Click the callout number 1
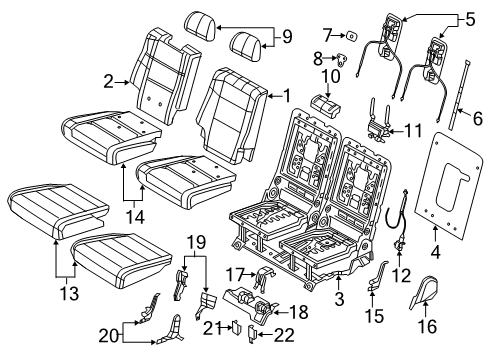click(289, 96)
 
